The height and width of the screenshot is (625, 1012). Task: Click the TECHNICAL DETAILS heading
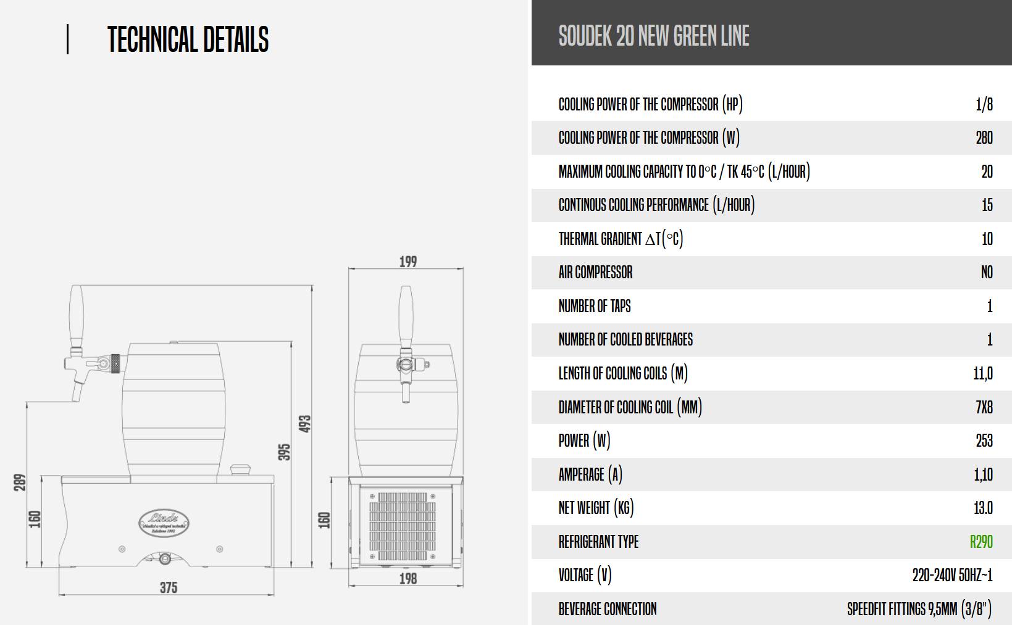click(188, 39)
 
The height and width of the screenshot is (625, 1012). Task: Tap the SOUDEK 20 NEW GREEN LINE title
click(654, 36)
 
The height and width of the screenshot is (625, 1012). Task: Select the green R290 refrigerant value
click(981, 542)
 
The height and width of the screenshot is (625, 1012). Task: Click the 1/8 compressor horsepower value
click(984, 104)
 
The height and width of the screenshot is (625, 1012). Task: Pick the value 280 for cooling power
click(984, 138)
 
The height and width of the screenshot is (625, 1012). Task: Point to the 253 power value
click(984, 441)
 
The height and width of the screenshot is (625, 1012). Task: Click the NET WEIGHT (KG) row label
click(596, 508)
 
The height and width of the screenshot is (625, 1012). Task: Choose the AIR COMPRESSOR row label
click(595, 272)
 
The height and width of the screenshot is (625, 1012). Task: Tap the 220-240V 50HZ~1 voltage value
click(952, 575)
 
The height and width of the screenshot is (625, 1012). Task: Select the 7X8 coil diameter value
click(984, 407)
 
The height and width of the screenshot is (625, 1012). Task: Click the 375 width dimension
click(169, 587)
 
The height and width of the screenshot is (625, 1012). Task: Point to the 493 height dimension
click(305, 424)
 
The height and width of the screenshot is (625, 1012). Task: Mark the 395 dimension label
click(284, 452)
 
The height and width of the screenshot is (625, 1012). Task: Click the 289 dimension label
click(20, 482)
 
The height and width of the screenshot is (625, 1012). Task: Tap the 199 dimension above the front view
click(408, 262)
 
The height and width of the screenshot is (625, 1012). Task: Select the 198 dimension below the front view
click(408, 579)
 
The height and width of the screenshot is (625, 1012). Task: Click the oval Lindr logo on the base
click(164, 523)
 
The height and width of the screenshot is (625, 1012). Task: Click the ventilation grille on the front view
click(402, 526)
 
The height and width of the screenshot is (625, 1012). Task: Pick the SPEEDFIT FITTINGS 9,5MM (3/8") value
click(919, 609)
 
